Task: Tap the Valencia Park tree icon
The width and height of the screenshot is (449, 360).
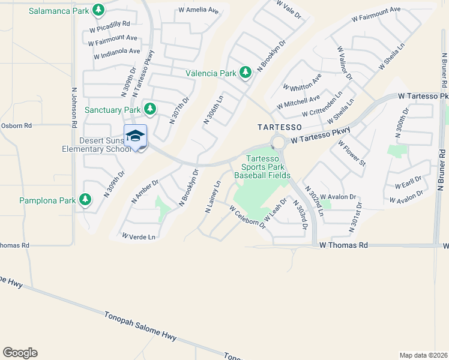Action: (x=245, y=73)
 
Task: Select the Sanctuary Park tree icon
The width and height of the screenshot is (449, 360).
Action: (x=149, y=109)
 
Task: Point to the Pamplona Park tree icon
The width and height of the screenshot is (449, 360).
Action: (x=85, y=199)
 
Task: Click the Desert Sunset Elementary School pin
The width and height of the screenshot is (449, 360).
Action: (x=136, y=137)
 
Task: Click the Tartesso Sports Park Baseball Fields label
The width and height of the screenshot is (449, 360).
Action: (x=262, y=167)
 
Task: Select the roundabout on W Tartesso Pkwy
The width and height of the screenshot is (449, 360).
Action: (x=278, y=142)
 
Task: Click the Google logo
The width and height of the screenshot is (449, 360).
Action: (x=20, y=353)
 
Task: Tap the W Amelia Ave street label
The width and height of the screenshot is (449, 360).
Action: (x=198, y=11)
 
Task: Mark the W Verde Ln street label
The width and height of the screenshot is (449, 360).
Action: (x=139, y=237)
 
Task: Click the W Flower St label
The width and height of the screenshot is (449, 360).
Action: (x=352, y=153)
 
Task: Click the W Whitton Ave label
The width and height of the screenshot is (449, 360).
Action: (x=306, y=86)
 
